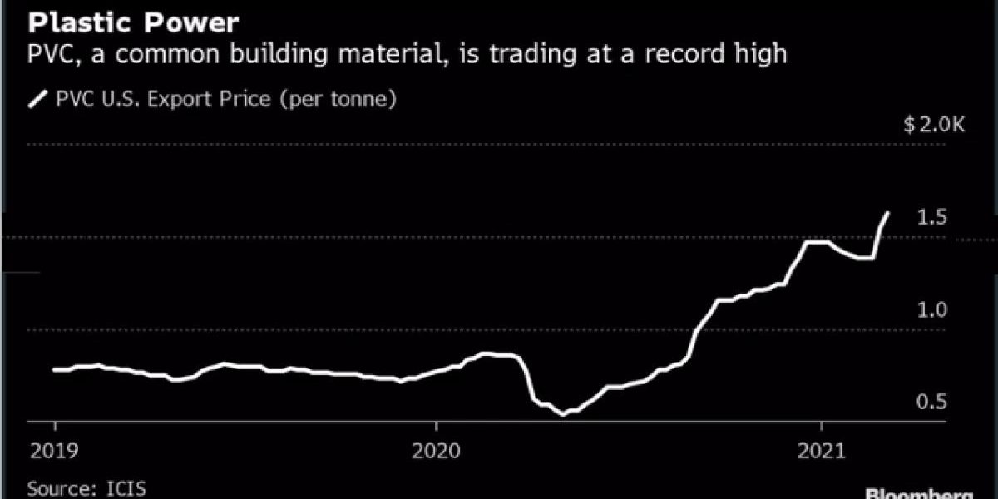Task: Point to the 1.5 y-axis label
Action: (x=931, y=218)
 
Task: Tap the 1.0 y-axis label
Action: (x=931, y=310)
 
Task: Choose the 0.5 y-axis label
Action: (x=931, y=403)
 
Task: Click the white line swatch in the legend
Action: (x=38, y=100)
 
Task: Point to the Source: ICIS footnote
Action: (x=80, y=487)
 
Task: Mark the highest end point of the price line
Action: (x=887, y=214)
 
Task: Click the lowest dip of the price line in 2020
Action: (x=563, y=413)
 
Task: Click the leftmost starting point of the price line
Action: (x=54, y=370)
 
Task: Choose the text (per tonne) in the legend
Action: (x=336, y=100)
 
